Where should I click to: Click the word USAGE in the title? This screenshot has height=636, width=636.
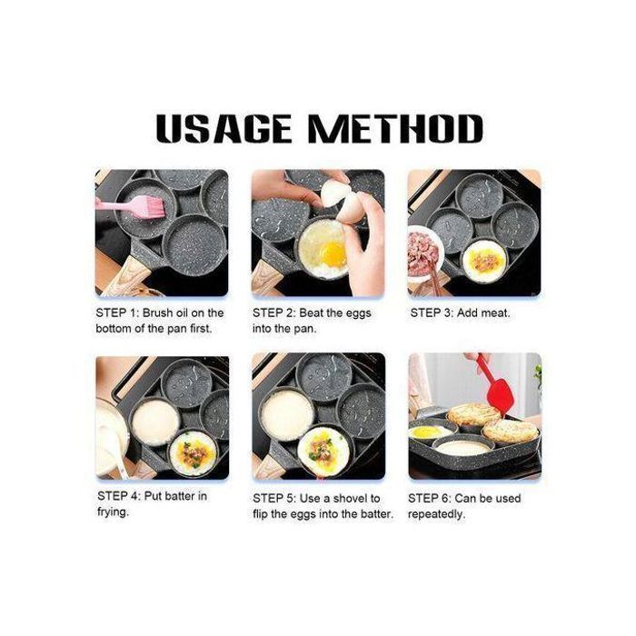pyautogui.click(x=224, y=129)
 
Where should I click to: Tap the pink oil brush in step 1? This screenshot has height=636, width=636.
pyautogui.click(x=131, y=206)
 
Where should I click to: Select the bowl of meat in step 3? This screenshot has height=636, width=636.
pyautogui.click(x=423, y=253)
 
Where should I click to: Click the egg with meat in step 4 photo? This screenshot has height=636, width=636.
pyautogui.click(x=193, y=452)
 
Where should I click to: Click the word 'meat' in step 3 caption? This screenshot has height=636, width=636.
pyautogui.click(x=496, y=313)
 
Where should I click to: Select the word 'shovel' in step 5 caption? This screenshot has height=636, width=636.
pyautogui.click(x=348, y=499)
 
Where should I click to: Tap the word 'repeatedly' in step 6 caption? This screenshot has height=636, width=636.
pyautogui.click(x=436, y=515)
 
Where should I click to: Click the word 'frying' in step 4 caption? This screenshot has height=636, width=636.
pyautogui.click(x=114, y=512)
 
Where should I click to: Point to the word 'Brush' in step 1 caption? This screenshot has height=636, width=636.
pyautogui.click(x=157, y=313)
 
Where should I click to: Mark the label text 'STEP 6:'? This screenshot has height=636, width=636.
pyautogui.click(x=430, y=499)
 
